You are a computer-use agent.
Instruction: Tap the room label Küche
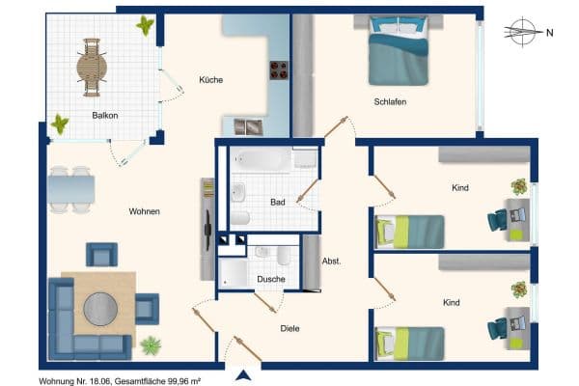coord(210,80)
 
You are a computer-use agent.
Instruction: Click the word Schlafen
coord(391,101)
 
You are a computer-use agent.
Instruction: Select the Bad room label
coord(277,203)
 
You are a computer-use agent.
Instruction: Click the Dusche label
coord(270,279)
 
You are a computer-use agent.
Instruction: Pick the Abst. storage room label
coord(331,261)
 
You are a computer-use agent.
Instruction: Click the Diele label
coord(289,328)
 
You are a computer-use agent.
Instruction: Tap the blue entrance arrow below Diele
coord(245,375)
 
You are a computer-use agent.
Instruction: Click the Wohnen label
coord(144,211)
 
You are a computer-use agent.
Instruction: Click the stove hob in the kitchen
coord(280,69)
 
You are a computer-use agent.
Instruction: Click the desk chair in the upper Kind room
coord(497,220)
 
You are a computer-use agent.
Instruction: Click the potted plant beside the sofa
coord(151,345)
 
